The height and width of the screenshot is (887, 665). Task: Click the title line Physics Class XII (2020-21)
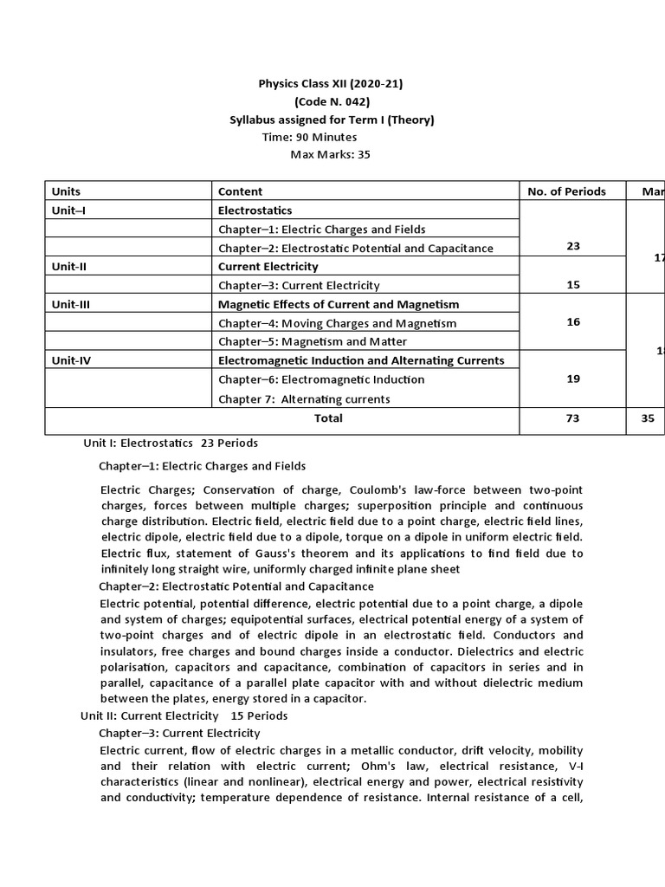click(331, 84)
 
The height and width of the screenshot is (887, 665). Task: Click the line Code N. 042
click(332, 102)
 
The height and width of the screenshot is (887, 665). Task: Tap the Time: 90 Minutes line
click(309, 137)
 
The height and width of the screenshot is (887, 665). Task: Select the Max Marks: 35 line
click(330, 155)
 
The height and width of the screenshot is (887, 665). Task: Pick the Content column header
click(240, 191)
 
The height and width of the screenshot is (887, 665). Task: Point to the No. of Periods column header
click(566, 191)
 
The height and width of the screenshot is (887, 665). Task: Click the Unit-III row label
click(71, 304)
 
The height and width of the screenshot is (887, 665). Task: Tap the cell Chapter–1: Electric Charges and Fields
click(322, 230)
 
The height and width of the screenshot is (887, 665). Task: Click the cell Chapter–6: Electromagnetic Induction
click(321, 379)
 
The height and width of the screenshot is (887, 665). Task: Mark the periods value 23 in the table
click(573, 246)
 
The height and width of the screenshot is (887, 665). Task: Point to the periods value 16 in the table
click(573, 321)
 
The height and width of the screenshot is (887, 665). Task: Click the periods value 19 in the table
click(573, 379)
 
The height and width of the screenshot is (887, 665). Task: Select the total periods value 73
click(573, 418)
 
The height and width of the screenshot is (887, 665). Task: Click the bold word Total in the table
click(328, 418)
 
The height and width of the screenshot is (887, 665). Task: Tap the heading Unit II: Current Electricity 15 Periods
click(184, 715)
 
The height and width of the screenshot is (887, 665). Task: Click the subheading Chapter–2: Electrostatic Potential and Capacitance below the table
click(236, 586)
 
